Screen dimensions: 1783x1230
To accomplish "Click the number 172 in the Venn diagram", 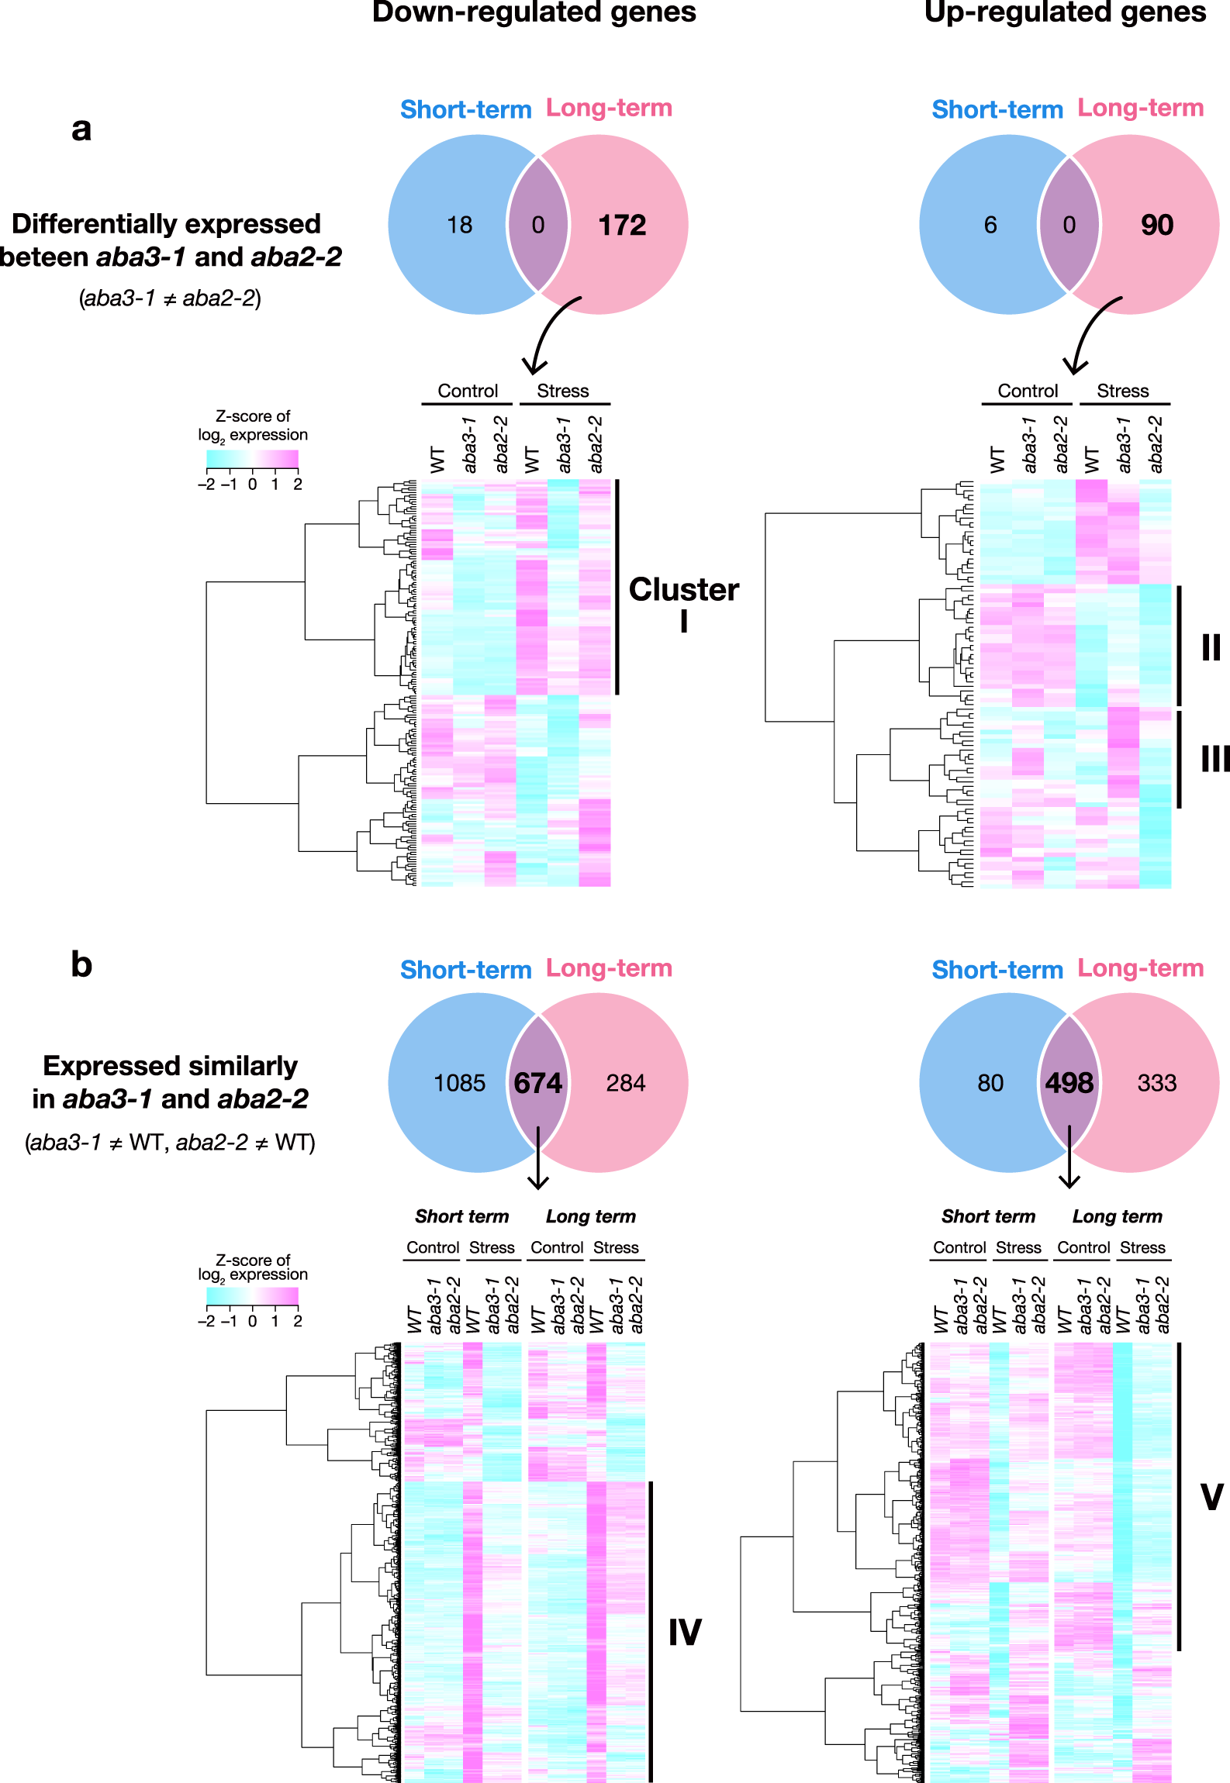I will [622, 226].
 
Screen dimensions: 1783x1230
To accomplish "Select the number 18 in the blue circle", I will [459, 226].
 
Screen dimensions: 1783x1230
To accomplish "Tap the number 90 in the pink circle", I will [1156, 226].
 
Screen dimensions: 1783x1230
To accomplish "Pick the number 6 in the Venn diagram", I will [990, 226].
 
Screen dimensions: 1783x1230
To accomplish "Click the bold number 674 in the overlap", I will [538, 1083].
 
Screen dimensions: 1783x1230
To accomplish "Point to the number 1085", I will [459, 1083].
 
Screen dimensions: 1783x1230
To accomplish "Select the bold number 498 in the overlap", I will [1069, 1083].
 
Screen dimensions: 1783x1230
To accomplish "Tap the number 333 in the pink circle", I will [1156, 1083].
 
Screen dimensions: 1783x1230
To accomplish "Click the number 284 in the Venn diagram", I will [625, 1083].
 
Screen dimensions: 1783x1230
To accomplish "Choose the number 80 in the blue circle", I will [990, 1083].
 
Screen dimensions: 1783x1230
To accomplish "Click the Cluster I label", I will [683, 605].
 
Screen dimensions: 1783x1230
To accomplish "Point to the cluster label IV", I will [685, 1633].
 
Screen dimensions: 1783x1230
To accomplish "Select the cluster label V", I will [1211, 1496].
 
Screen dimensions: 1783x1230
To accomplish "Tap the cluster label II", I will [1211, 647].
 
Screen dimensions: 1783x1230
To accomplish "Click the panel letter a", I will [81, 129].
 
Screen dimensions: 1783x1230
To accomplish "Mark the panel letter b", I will [81, 964].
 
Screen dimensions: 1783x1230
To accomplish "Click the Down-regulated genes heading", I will [534, 12].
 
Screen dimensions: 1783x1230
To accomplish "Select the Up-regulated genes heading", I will [1065, 12].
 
